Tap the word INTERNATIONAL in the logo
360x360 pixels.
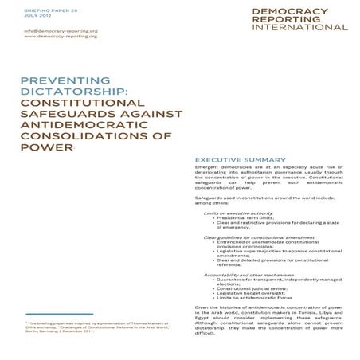(299, 27)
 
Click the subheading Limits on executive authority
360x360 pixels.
(238, 213)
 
